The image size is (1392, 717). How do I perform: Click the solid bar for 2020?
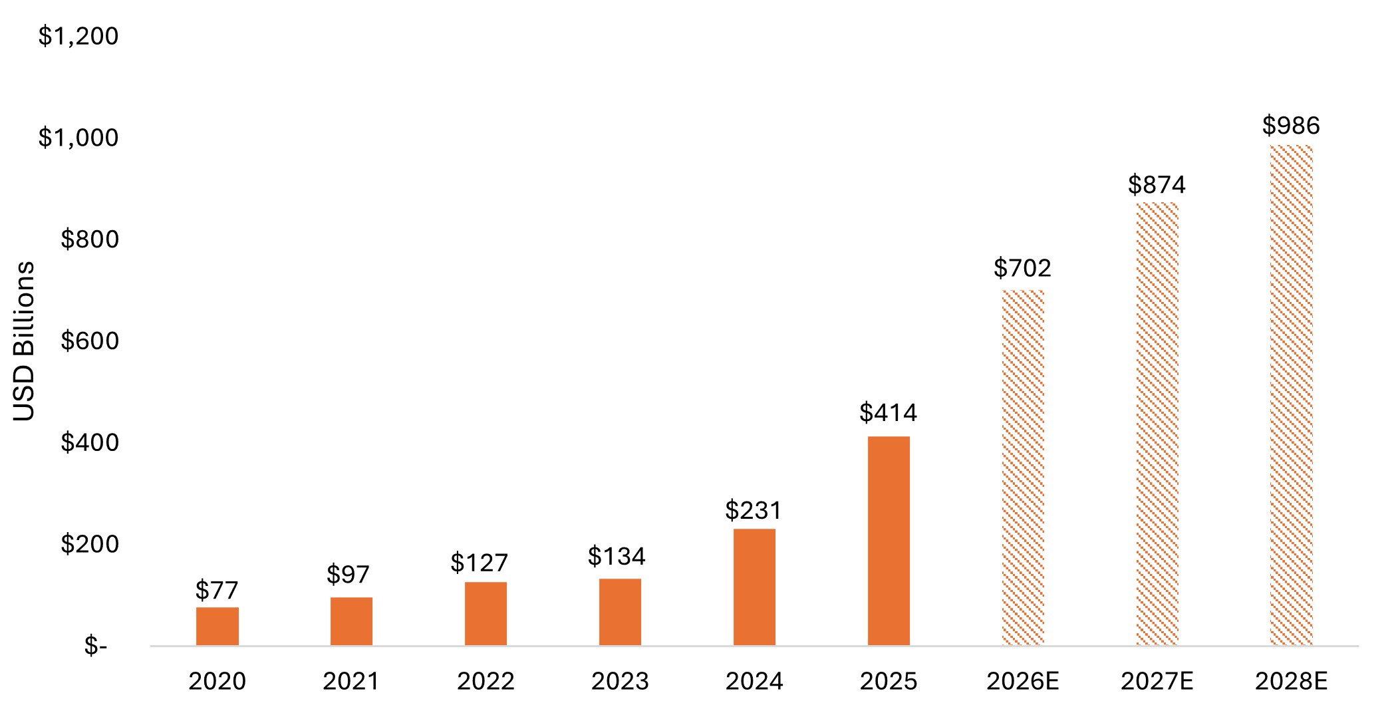pyautogui.click(x=217, y=626)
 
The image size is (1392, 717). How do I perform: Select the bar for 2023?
pyautogui.click(x=620, y=612)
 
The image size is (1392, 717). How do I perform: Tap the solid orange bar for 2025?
pyautogui.click(x=889, y=541)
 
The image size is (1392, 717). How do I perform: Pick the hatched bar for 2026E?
pyautogui.click(x=1023, y=468)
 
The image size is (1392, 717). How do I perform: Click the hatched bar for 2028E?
pyautogui.click(x=1291, y=395)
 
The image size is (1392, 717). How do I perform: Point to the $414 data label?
pyautogui.click(x=888, y=413)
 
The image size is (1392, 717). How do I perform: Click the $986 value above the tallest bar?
pyautogui.click(x=1291, y=126)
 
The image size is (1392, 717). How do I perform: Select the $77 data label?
pyautogui.click(x=217, y=590)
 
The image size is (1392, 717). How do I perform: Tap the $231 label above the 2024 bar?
pyautogui.click(x=754, y=510)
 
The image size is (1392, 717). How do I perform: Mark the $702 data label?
pyautogui.click(x=1022, y=268)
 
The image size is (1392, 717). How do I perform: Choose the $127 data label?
pyautogui.click(x=479, y=563)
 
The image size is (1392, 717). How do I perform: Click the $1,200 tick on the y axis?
pyautogui.click(x=78, y=36)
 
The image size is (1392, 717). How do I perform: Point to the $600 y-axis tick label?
pyautogui.click(x=90, y=341)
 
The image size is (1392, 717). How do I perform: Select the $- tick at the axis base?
pyautogui.click(x=96, y=645)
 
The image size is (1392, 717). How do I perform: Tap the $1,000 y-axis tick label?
pyautogui.click(x=78, y=138)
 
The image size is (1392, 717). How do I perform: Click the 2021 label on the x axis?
pyautogui.click(x=351, y=681)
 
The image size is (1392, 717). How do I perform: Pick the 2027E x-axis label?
pyautogui.click(x=1157, y=681)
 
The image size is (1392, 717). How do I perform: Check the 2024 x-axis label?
pyautogui.click(x=754, y=681)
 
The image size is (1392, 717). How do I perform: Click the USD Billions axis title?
pyautogui.click(x=24, y=341)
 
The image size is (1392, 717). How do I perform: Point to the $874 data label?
pyautogui.click(x=1157, y=184)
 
